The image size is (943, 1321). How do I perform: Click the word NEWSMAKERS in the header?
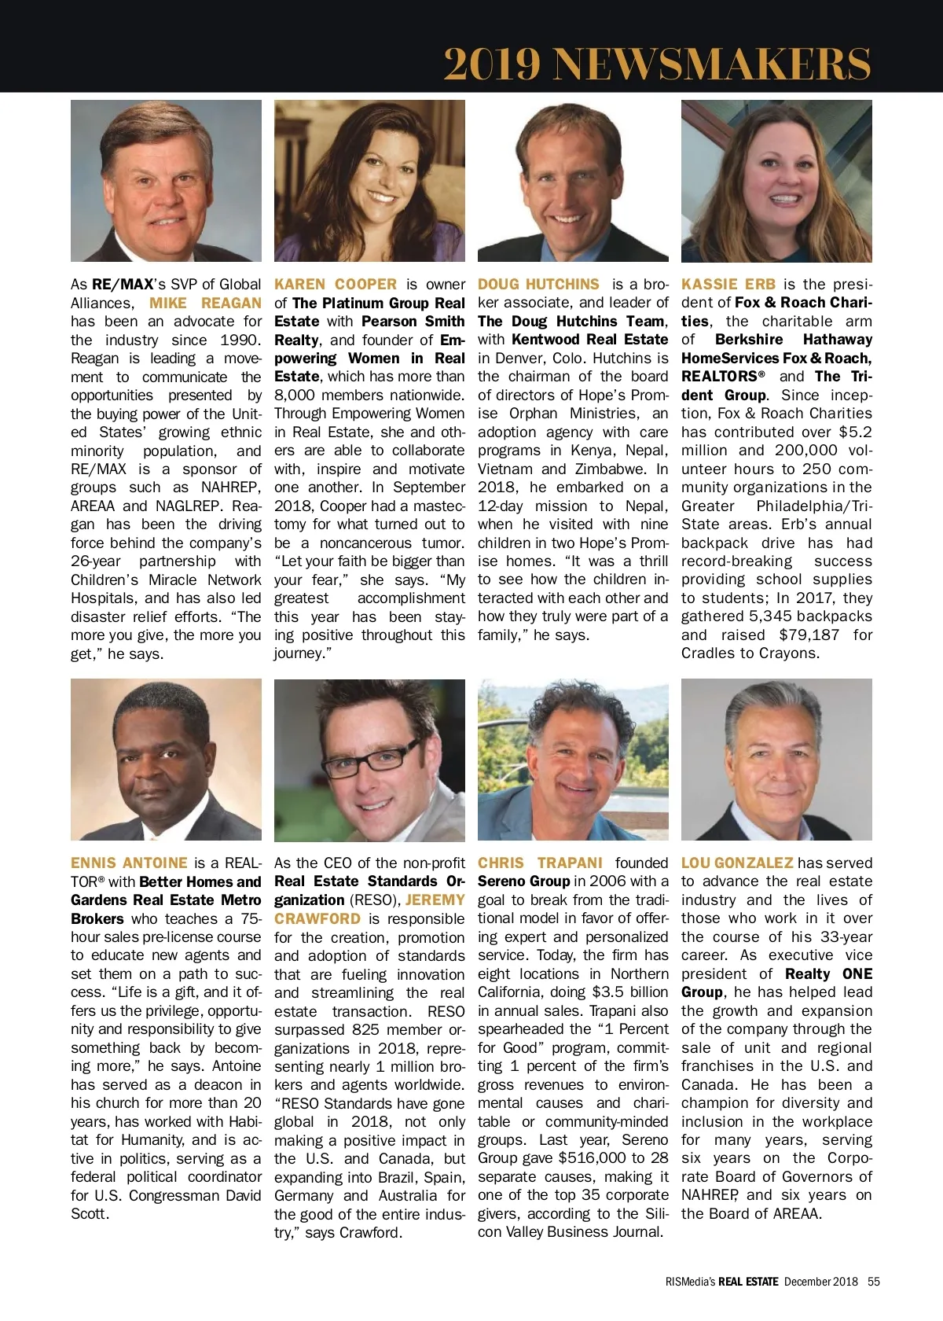coord(714,64)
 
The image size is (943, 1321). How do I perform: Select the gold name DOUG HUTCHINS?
coord(538,284)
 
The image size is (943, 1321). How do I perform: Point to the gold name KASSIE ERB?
coord(728,284)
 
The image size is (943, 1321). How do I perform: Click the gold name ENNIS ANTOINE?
coord(129,863)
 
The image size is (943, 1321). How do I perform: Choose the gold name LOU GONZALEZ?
coord(737,863)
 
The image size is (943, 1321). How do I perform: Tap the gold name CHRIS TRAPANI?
coord(540,863)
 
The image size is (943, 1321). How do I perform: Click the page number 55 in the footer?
coord(874,1281)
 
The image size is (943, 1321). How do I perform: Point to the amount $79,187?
coord(809,635)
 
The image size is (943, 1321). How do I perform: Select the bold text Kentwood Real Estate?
coord(589,339)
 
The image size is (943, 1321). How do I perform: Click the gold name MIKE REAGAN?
coord(205,303)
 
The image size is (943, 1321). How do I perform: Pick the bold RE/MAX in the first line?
coord(122,284)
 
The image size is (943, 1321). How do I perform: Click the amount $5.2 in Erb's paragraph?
coord(855,432)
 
